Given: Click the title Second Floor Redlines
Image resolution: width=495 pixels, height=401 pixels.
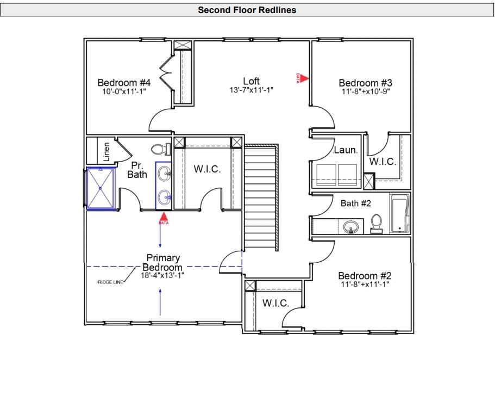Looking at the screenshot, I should pos(247,10).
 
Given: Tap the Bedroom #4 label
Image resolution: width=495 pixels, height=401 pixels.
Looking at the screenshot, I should pos(124,83).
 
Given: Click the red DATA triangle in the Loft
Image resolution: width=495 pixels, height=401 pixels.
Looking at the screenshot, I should pos(304,78).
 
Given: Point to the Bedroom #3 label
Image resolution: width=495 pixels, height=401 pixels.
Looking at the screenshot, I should pos(365,83).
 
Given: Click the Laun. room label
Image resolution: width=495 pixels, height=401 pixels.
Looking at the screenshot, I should pos(345,150).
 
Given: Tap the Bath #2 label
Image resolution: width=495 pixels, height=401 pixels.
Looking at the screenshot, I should pos(355,203).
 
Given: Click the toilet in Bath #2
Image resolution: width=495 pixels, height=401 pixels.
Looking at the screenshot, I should pos(377,223).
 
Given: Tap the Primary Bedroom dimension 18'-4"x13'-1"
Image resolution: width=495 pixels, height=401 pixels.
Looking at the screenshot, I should pos(162,275).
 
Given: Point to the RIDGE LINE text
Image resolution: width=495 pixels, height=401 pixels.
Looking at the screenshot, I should pos(110,282).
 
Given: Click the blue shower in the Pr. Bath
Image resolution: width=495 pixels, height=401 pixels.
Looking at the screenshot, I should pos(101,188).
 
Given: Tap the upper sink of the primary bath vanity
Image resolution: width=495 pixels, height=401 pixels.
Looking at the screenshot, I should pos(164,175).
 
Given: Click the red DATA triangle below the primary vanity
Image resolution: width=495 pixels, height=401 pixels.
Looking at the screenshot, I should pos(164,219).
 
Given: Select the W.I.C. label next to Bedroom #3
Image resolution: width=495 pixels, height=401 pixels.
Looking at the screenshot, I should pos(383,162).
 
